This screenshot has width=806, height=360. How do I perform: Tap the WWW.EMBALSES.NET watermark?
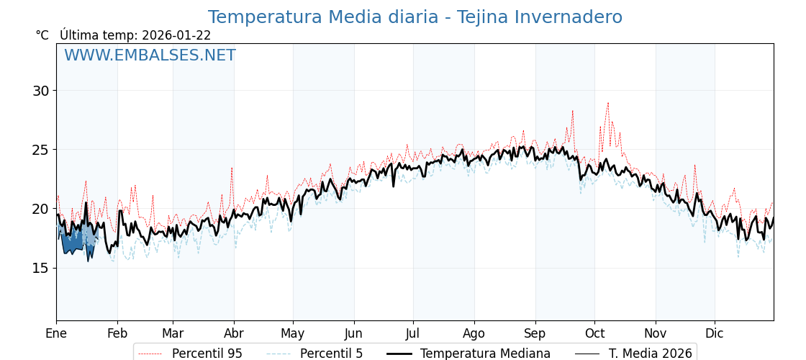[x=150, y=55]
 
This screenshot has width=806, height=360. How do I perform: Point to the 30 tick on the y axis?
[x=40, y=91]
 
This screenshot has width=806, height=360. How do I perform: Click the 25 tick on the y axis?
[x=40, y=150]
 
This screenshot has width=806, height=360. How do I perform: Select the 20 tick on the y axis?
[x=40, y=209]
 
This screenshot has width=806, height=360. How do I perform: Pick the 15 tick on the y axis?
[x=40, y=268]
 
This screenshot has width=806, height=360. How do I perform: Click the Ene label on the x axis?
[x=56, y=333]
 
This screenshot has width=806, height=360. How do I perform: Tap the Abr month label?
[x=234, y=333]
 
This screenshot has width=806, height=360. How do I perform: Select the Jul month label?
[x=413, y=333]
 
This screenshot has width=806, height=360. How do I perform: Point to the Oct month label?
[x=594, y=333]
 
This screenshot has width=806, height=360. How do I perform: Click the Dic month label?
[x=715, y=333]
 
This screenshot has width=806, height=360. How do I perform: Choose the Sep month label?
[x=535, y=333]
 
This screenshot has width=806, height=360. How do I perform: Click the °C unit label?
[x=42, y=35]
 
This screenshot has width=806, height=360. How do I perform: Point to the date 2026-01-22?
[x=176, y=35]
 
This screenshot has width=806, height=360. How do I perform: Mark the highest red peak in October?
[x=607, y=103]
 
